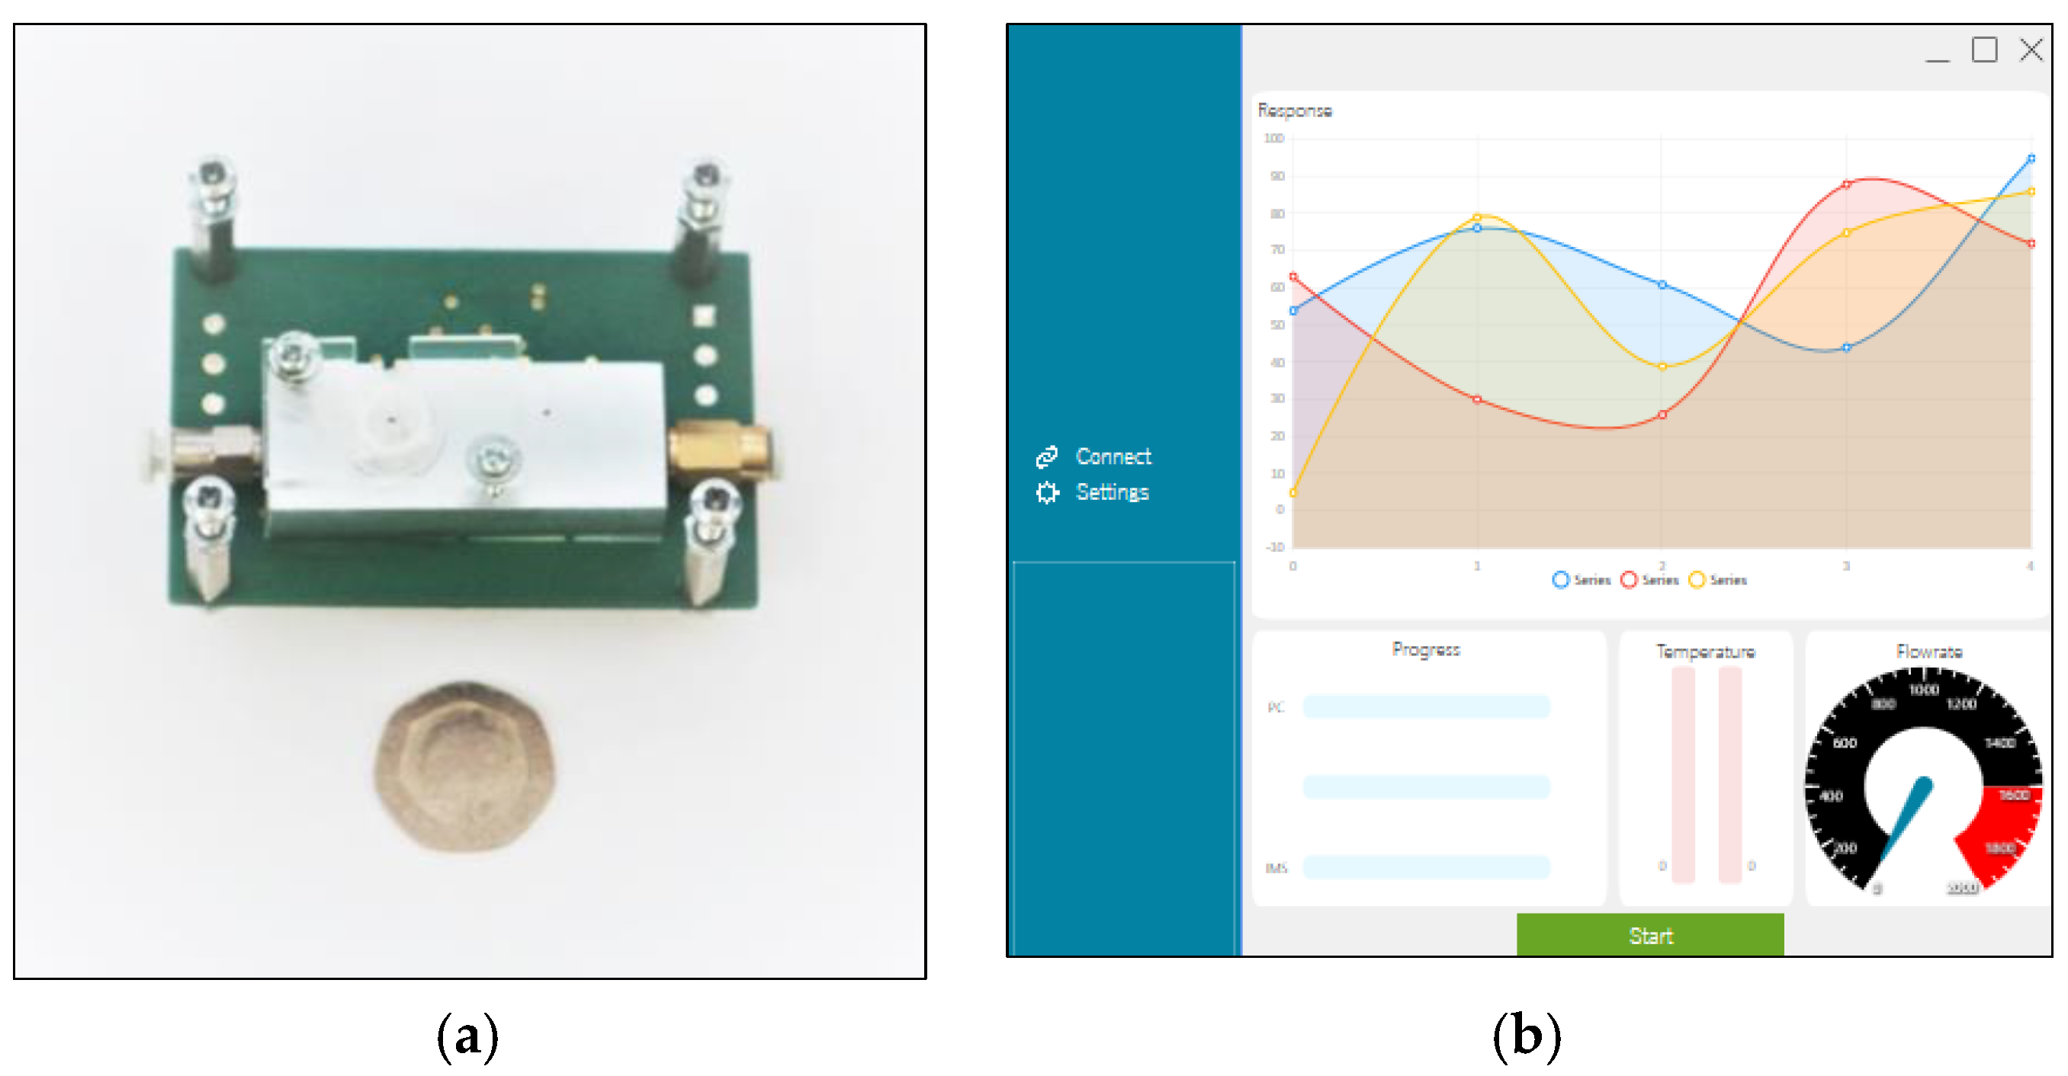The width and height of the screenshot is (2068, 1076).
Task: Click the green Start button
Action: [x=1649, y=935]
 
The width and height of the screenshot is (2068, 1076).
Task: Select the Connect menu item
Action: [x=1112, y=456]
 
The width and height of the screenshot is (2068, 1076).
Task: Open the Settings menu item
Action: [x=1111, y=492]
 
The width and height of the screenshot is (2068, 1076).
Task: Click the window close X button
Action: [x=2031, y=50]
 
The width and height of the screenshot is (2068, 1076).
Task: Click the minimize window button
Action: [x=1936, y=56]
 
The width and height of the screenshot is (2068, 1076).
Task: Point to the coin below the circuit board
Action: [x=465, y=766]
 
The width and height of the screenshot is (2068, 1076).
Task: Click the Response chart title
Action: [x=1294, y=110]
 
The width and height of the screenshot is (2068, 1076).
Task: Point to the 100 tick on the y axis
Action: [x=1273, y=138]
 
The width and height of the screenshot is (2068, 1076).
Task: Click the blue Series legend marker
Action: [x=1560, y=579]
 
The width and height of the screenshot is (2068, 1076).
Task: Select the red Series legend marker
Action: [x=1628, y=579]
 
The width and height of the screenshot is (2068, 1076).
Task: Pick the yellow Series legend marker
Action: [x=1696, y=579]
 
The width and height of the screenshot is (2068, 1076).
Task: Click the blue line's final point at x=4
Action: [x=2031, y=159]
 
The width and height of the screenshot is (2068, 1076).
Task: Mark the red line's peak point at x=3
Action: [x=1845, y=184]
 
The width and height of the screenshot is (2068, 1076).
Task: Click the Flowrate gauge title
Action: [x=1928, y=652]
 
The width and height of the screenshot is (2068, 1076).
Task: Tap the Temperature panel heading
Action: [x=1705, y=652]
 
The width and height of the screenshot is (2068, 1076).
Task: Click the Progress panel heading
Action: [x=1425, y=649]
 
